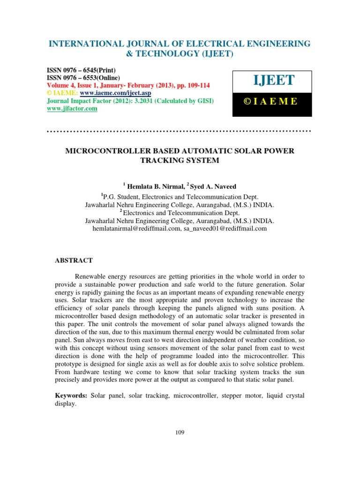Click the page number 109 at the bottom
[180, 432]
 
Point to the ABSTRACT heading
[74, 260]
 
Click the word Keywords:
[71, 396]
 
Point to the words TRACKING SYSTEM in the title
[180, 160]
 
